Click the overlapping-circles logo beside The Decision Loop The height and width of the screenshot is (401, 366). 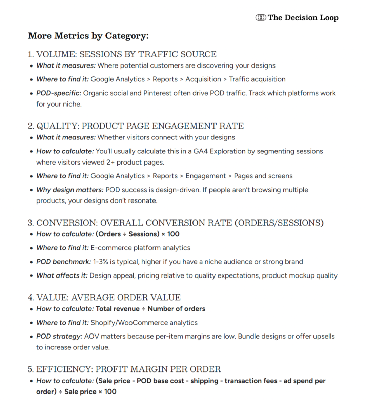click(x=261, y=18)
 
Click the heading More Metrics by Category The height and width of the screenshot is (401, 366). click(x=88, y=36)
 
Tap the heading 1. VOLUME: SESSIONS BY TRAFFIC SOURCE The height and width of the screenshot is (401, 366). click(x=122, y=54)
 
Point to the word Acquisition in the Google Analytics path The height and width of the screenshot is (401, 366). click(x=203, y=79)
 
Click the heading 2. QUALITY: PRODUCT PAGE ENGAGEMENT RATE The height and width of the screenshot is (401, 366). click(x=136, y=126)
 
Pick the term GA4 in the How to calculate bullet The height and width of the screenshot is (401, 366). click(x=200, y=151)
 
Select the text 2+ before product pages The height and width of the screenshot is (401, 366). click(x=110, y=162)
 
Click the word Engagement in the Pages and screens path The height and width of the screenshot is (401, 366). click(x=205, y=176)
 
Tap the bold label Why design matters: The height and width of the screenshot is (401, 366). click(x=70, y=190)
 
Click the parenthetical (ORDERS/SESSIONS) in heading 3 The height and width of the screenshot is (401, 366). click(x=279, y=223)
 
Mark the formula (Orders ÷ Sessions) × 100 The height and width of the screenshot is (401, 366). click(x=138, y=234)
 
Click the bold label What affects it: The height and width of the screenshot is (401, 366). click(x=62, y=275)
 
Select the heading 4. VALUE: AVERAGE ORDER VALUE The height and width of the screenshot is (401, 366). click(x=104, y=298)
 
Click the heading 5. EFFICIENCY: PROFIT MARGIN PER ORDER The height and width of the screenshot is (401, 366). click(x=124, y=369)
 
